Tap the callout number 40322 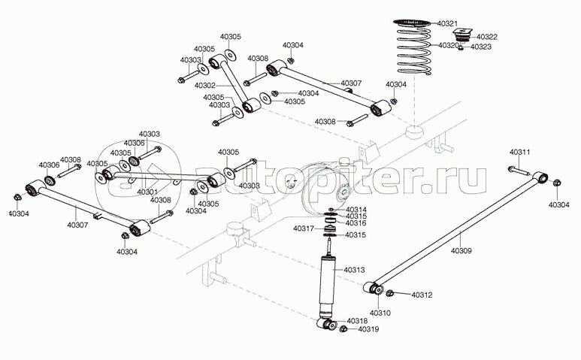[x=486, y=36]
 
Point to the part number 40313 [x=354, y=269]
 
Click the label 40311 [x=519, y=153]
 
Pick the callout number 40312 [x=422, y=295]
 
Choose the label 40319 [x=368, y=328]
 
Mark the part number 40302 [x=205, y=86]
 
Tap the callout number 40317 [x=304, y=228]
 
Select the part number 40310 [x=380, y=312]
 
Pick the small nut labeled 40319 [x=343, y=329]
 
